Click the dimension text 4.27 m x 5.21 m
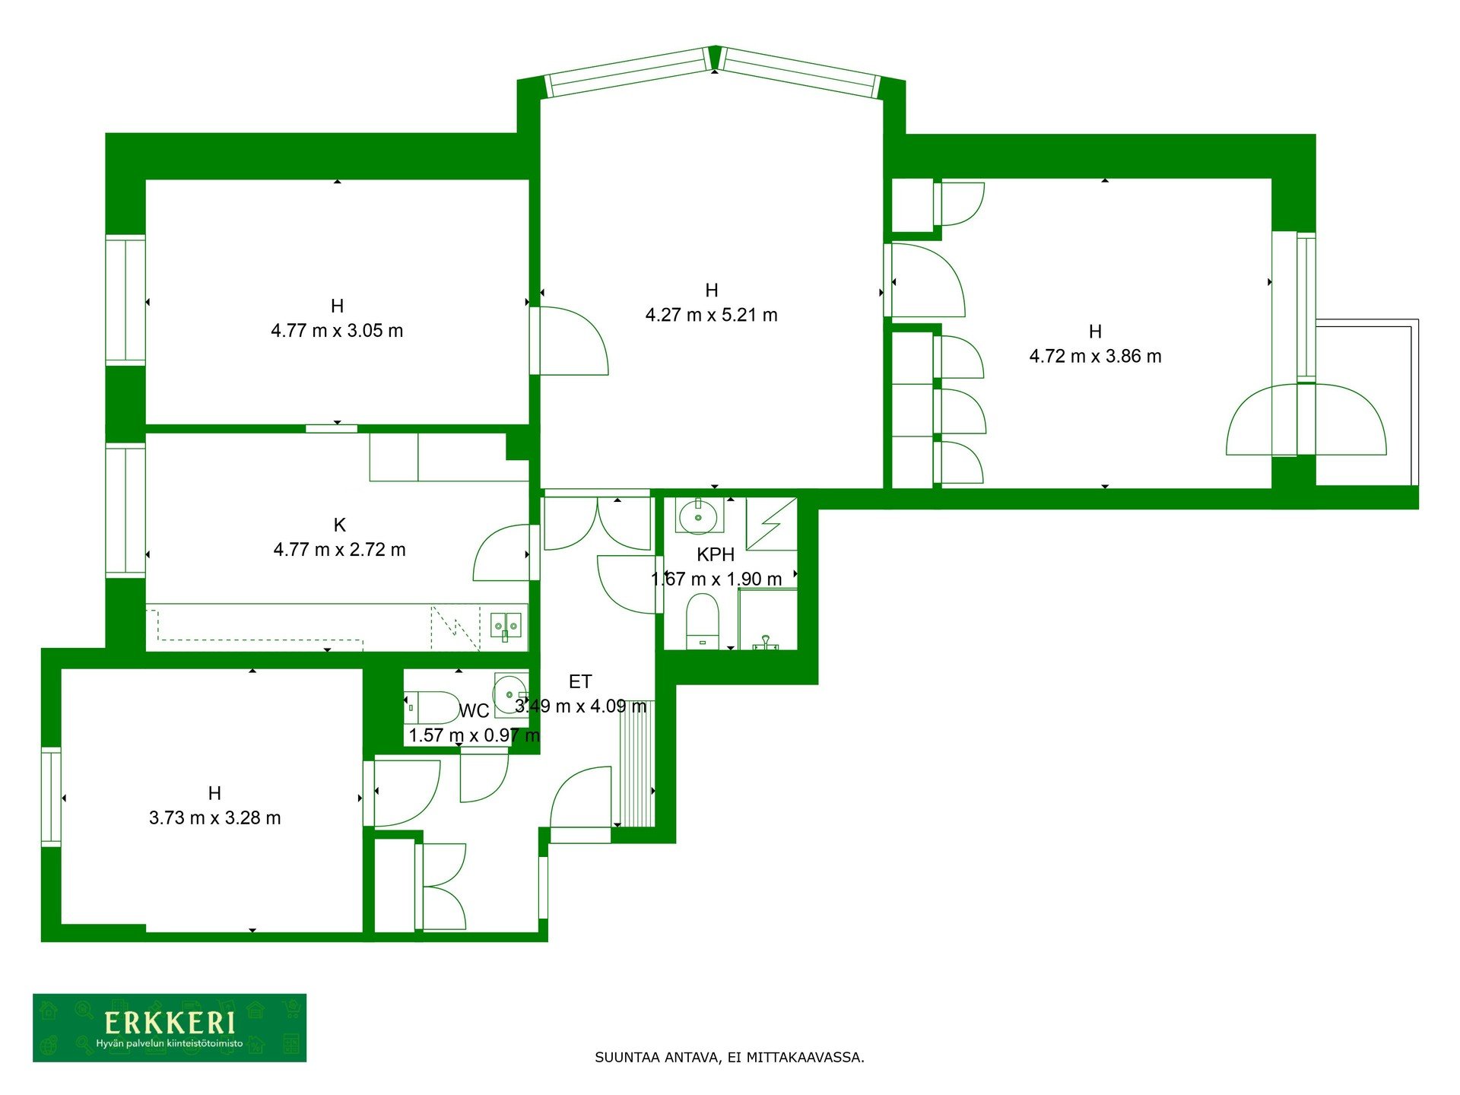tap(711, 315)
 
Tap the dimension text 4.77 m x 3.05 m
tap(337, 331)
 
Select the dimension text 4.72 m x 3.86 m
tap(1095, 356)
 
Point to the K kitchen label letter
tap(340, 525)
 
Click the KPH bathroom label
tap(716, 554)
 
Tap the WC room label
tap(474, 711)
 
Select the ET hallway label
tap(580, 681)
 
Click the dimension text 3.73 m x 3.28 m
tap(215, 817)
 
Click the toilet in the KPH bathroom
tap(703, 620)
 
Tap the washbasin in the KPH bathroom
tap(698, 517)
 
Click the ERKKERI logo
tap(170, 1027)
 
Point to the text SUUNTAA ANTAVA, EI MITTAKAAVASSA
tap(729, 1057)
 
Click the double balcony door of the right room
tap(1306, 420)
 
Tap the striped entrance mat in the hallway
tap(637, 763)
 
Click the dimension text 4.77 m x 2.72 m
tap(339, 549)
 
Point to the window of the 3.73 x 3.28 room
tap(51, 797)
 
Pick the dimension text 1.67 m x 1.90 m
tap(716, 579)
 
